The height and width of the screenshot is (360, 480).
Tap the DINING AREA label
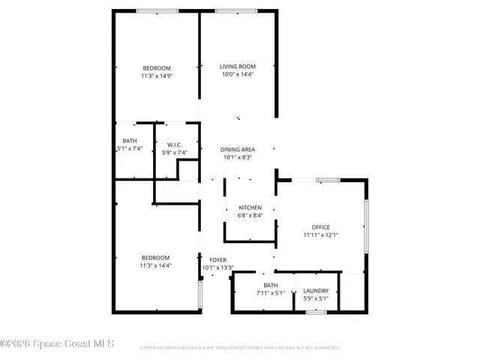pos(237,149)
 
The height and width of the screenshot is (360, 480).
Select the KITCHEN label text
pos(250,207)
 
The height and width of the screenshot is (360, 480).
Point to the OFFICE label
pos(321,227)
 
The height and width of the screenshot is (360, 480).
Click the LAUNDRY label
pos(316,290)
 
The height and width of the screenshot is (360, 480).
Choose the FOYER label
pos(217,259)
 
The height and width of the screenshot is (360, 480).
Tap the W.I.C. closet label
pos(175,145)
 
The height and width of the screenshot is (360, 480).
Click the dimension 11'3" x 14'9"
pos(157,76)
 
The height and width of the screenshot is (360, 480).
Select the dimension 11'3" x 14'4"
pos(155,265)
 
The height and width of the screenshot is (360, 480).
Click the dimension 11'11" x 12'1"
pos(321,235)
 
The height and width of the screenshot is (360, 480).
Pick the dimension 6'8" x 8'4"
pos(250,215)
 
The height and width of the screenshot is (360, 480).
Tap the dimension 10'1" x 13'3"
pos(217,268)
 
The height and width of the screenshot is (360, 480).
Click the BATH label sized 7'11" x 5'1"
pos(270,285)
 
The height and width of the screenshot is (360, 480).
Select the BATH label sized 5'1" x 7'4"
pos(130,141)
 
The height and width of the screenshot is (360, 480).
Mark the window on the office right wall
pos(366,226)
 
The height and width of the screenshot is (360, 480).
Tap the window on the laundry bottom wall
pos(316,311)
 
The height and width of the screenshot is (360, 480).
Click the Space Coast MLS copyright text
pos(57,344)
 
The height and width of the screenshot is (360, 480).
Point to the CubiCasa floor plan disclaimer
pos(240,348)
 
